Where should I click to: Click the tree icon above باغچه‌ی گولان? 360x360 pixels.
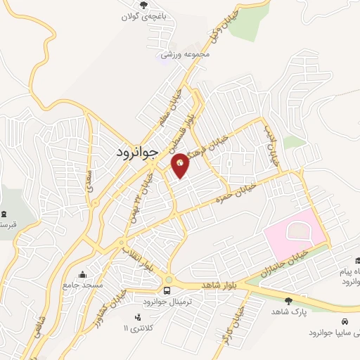[144, 6]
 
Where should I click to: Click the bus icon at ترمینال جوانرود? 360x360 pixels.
[168, 290]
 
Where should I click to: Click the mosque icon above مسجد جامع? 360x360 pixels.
[84, 274]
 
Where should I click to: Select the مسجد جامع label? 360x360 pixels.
[84, 285]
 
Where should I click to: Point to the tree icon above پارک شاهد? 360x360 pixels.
[288, 301]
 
